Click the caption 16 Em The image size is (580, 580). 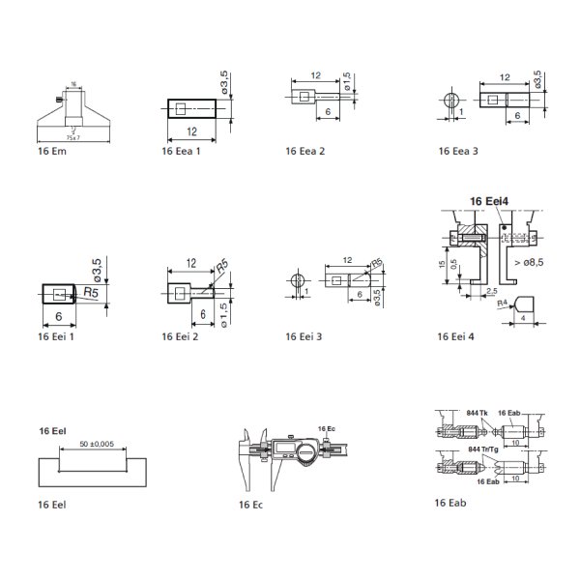(x=51, y=152)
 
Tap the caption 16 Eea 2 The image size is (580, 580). (x=305, y=152)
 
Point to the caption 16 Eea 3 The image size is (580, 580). (x=458, y=152)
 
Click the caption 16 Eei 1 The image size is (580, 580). (x=56, y=336)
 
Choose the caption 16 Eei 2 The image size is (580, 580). (x=181, y=336)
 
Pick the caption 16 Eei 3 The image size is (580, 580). (x=305, y=336)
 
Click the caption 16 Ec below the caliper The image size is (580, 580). (x=250, y=505)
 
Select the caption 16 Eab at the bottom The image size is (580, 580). (x=450, y=503)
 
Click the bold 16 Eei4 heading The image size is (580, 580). (x=489, y=200)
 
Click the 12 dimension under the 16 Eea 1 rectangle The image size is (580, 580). (x=193, y=130)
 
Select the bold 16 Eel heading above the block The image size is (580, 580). (x=52, y=428)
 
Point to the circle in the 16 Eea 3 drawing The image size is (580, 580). (x=451, y=101)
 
